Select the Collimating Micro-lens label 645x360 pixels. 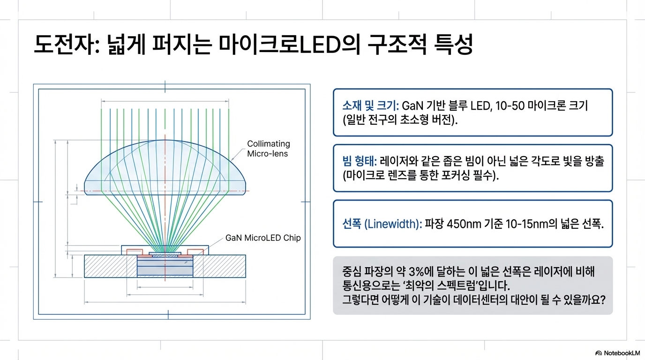pos(269,149)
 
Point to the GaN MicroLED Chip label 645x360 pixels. pos(263,238)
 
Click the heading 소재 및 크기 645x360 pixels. pos(369,105)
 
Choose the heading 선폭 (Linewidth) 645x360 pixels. pos(382,224)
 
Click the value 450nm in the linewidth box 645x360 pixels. pos(464,224)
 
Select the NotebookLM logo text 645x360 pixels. pos(620,353)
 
